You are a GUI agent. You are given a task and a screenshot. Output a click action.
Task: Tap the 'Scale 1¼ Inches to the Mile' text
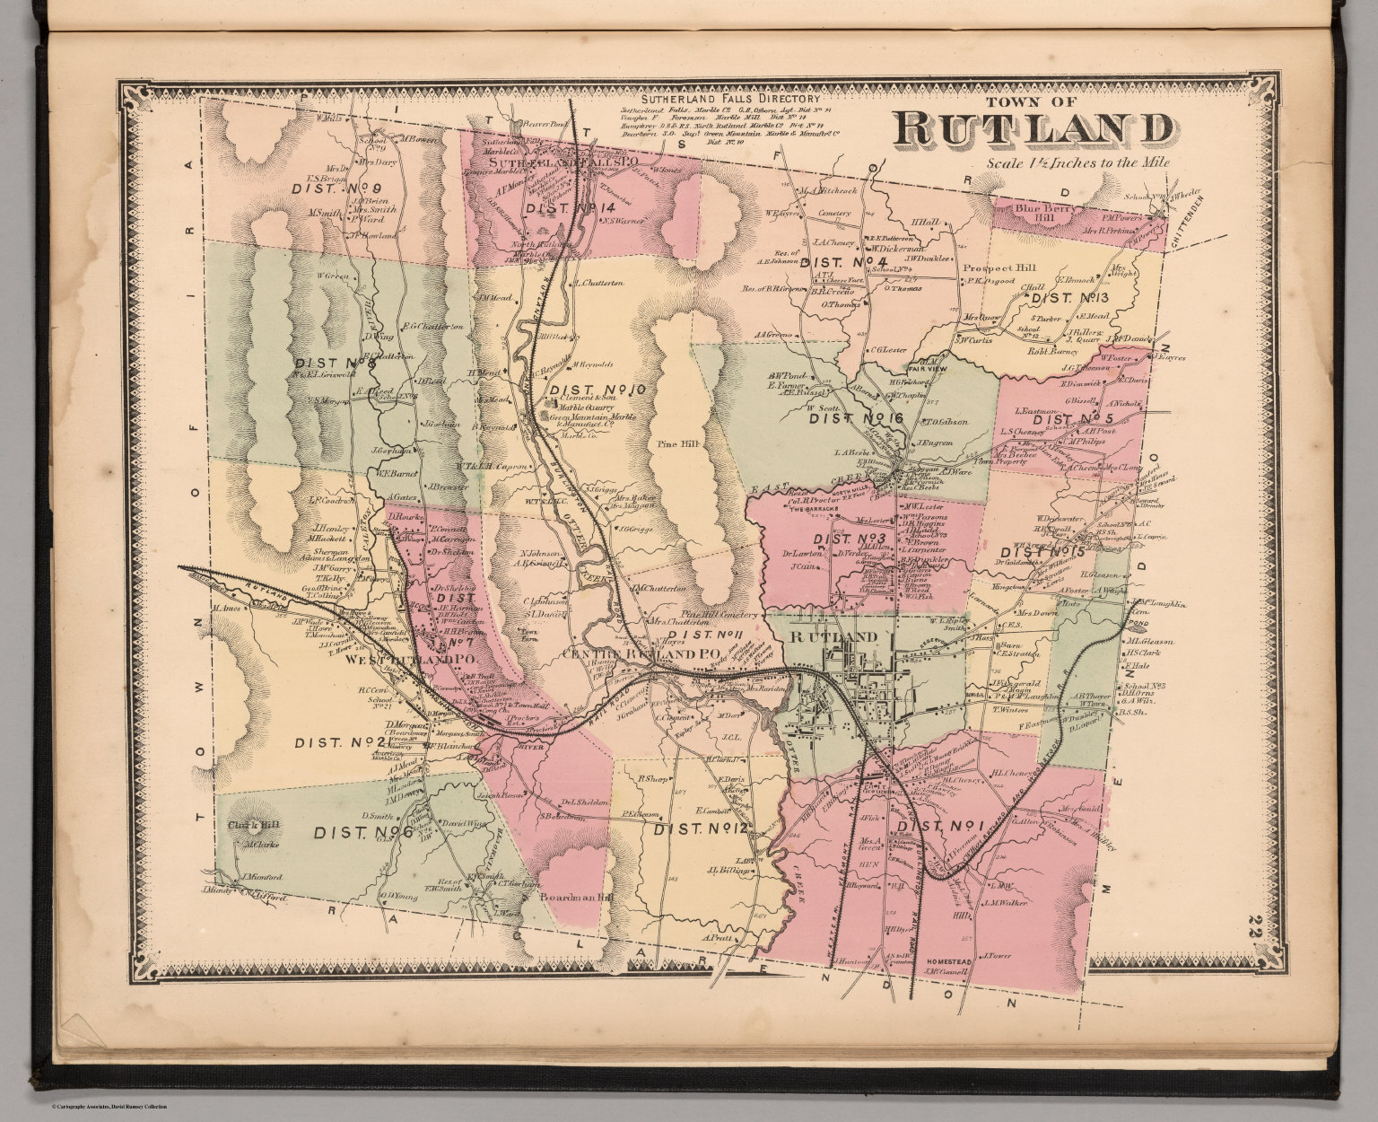(x=1077, y=163)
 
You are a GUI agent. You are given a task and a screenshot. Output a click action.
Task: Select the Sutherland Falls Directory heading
(x=730, y=99)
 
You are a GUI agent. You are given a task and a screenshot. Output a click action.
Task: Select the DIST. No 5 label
(x=1072, y=420)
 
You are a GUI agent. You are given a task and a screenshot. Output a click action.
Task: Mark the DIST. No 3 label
(x=849, y=539)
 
